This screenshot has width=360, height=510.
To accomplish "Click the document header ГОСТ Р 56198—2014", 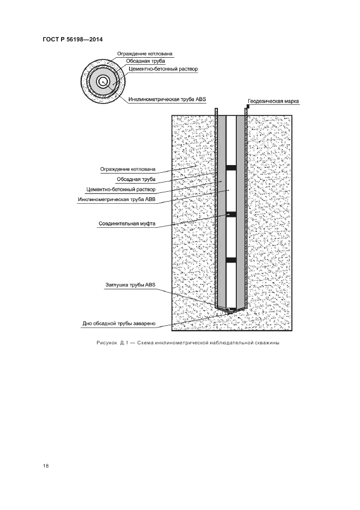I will (72, 39).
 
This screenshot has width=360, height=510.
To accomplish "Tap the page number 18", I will (45, 466).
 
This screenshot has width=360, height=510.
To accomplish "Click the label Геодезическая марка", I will (273, 101).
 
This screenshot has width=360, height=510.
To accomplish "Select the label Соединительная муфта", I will (127, 223).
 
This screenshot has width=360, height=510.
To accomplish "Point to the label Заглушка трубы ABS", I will (131, 285).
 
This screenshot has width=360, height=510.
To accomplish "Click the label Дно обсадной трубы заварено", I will (119, 323).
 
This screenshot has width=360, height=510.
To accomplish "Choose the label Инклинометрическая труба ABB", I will (117, 199).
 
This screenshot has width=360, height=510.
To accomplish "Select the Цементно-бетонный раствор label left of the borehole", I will (121, 190).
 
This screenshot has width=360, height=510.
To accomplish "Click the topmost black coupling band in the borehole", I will (231, 166).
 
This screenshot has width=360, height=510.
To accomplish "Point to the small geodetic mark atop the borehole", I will (247, 108).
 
